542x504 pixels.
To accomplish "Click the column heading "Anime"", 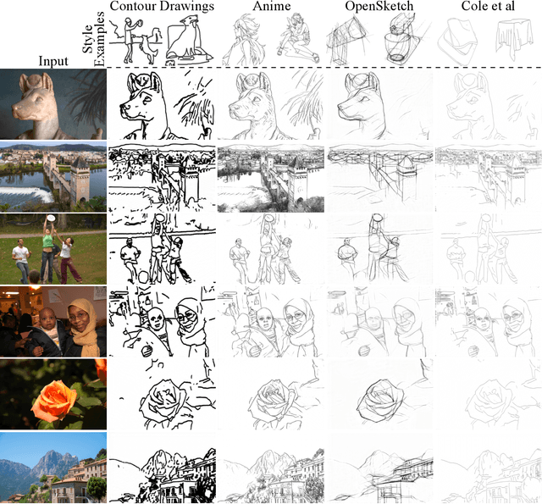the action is pos(272,6).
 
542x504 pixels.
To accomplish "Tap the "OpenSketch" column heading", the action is pos(379,6).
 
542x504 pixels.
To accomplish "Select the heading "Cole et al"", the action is pos(488,6).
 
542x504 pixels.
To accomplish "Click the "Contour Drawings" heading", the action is pos(162,6).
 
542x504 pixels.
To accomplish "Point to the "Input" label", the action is pos(53,61).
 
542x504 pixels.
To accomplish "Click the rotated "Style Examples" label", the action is pos(93,39).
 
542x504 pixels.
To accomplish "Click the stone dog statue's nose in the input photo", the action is pos(15,110).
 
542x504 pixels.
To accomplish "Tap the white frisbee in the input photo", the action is pos(51,218).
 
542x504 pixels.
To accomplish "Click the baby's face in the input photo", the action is pos(45,317).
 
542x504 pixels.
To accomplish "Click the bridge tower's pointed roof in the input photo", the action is pos(80,163).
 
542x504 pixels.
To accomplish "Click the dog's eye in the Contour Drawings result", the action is pos(147,99).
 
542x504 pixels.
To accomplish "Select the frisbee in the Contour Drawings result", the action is pos(160,218).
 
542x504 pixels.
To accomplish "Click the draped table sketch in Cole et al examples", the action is pos(514,36).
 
